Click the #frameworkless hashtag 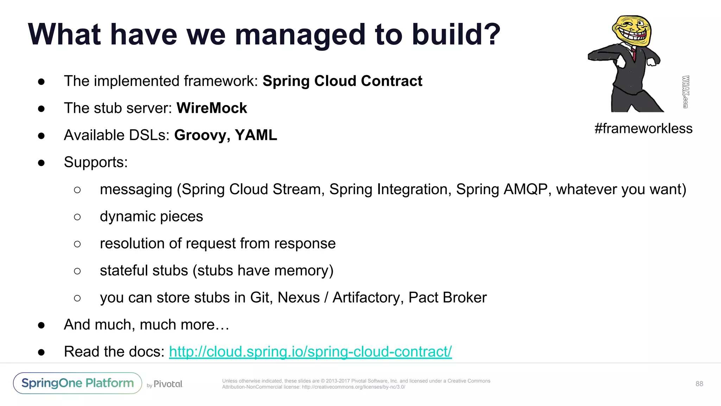(x=643, y=129)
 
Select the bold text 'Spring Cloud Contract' (x=342, y=81)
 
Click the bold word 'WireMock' (x=212, y=108)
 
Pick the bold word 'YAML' (x=256, y=135)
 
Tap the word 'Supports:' (x=96, y=162)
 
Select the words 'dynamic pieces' (x=151, y=216)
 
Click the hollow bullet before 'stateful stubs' (x=77, y=271)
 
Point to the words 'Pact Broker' (x=447, y=298)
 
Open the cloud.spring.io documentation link (x=310, y=352)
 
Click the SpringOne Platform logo (x=77, y=383)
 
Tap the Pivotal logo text (x=168, y=384)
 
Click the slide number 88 (x=699, y=384)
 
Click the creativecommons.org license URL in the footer (x=353, y=387)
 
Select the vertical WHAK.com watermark (x=685, y=92)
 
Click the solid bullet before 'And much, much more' (x=42, y=325)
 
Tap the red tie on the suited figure (x=634, y=54)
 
